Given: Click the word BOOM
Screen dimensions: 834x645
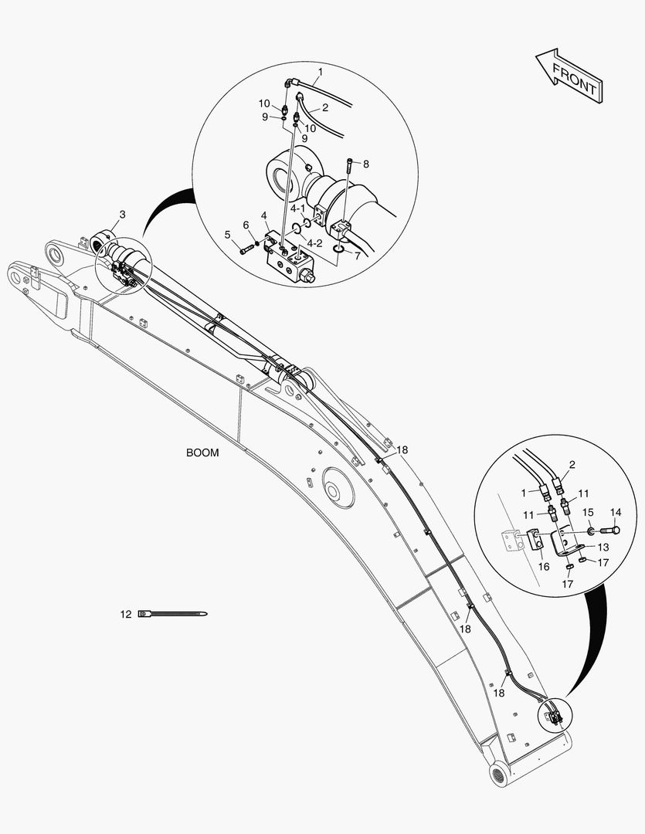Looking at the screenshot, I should point(202,453).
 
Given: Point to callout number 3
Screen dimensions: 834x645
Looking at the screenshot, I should point(122,213).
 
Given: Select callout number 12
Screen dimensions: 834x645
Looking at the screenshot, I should point(125,615).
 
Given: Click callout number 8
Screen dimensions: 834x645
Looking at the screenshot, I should point(366,164).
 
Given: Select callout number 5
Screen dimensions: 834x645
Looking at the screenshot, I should point(228,234).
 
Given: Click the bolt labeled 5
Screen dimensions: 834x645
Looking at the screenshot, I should point(246,249).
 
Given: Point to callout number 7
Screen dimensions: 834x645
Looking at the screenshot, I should point(357,255).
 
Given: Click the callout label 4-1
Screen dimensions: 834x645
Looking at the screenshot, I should point(297,208).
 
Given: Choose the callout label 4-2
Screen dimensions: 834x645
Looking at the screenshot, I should point(314,243).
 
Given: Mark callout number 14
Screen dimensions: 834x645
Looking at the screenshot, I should point(615,512).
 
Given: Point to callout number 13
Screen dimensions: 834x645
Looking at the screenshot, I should point(603,547).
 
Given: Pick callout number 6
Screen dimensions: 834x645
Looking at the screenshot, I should point(246,225).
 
